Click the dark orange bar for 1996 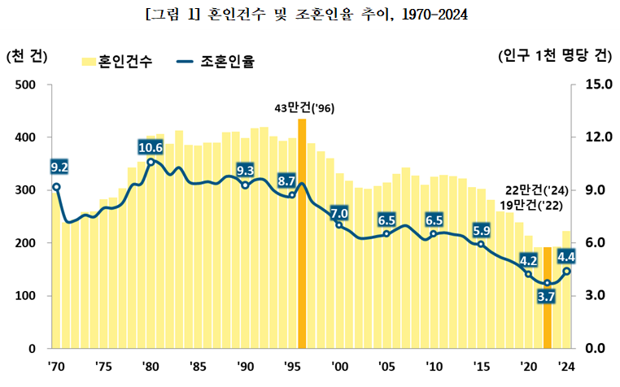(x=302, y=236)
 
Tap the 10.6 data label (x=151, y=147)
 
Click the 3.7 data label (x=547, y=297)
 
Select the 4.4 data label (x=567, y=258)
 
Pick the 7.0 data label (x=339, y=213)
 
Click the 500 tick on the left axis (x=24, y=85)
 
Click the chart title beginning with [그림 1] (x=310, y=15)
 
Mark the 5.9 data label (x=481, y=230)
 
